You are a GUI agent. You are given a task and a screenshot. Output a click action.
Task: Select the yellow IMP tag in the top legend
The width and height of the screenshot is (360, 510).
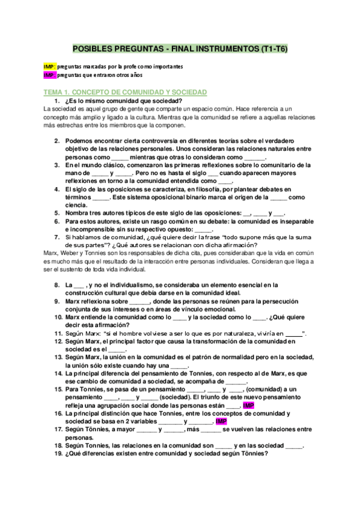tap(50, 66)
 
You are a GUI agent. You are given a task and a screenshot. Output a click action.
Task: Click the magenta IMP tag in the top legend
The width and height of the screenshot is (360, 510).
tap(50, 75)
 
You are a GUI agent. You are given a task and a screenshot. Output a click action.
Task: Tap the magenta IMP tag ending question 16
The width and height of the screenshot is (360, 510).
tap(221, 422)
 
